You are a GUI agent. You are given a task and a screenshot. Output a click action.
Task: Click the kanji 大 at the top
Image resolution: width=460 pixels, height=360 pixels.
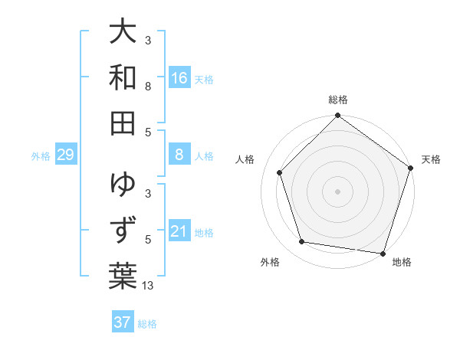click(123, 33)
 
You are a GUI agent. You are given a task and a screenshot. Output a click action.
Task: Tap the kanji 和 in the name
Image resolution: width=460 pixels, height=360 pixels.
click(123, 77)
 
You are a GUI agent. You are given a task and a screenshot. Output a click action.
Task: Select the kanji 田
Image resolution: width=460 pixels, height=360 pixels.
click(123, 122)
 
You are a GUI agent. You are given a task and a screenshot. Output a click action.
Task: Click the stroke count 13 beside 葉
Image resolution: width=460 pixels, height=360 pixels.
click(148, 286)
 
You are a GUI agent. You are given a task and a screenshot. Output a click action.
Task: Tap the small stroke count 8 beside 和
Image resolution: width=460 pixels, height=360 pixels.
click(148, 87)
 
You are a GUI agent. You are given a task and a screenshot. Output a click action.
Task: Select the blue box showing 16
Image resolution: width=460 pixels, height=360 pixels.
click(179, 78)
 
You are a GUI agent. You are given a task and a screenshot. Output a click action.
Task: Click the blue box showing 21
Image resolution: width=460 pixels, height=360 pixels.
click(179, 231)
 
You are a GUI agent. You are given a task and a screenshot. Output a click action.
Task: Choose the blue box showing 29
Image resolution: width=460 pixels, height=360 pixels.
click(65, 155)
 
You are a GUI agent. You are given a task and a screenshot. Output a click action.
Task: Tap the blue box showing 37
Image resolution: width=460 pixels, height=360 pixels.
click(122, 322)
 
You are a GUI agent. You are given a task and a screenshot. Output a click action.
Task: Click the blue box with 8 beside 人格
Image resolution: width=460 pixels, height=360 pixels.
click(179, 155)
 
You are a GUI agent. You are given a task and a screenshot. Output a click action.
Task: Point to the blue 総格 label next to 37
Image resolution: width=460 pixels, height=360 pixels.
click(147, 324)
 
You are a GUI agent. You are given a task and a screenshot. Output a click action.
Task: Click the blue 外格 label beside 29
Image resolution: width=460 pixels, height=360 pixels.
click(41, 156)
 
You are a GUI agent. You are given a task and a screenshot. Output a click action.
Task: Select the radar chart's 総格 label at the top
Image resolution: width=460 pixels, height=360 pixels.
click(337, 100)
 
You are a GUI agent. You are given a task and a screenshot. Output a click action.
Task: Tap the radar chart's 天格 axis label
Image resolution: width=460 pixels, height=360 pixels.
click(431, 159)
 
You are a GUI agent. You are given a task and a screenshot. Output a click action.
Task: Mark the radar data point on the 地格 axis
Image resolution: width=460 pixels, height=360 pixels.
click(383, 253)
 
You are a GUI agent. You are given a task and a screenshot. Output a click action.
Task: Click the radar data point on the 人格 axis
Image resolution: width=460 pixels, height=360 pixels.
click(279, 172)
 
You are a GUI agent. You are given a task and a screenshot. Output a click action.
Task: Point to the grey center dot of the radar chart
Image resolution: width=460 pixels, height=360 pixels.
click(337, 191)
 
